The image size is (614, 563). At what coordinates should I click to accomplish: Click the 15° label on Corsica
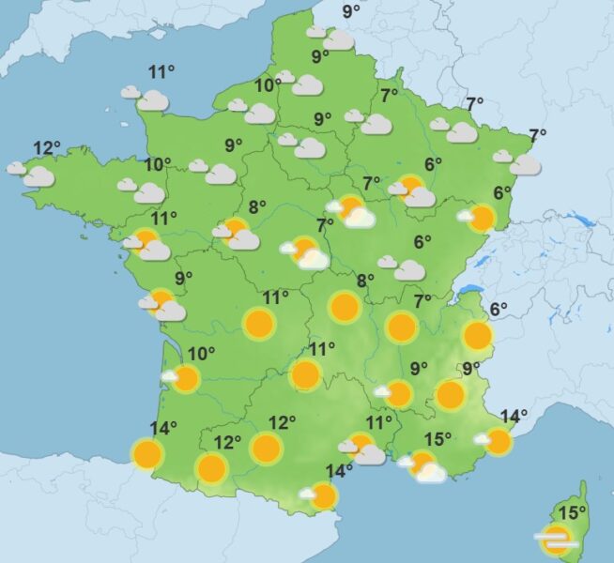pos(571,513)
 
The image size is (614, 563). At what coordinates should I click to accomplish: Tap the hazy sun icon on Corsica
pos(556,540)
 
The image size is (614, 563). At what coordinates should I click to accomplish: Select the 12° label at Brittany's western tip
pos(46,148)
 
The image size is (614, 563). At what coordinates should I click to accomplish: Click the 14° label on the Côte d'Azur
pos(514,417)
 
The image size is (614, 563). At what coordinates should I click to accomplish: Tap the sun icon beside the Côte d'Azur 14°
pos(499,441)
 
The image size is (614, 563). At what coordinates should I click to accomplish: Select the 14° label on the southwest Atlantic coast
pos(162,429)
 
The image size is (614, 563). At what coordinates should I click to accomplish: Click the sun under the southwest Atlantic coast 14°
pos(147,455)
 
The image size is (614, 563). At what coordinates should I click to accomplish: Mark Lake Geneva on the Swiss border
pos(468,291)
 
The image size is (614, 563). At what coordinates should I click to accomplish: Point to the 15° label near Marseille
pos(437,438)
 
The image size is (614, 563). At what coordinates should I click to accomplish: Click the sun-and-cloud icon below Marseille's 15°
pos(424,466)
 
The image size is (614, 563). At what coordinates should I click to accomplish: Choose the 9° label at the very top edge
pos(351,11)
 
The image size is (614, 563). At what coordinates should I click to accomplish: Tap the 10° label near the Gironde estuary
pos(201,354)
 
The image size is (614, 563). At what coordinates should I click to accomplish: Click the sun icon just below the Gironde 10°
pos(185,379)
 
